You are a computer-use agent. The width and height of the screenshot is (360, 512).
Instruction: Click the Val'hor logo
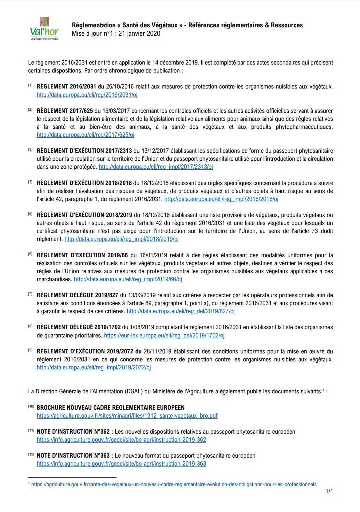pos(45,29)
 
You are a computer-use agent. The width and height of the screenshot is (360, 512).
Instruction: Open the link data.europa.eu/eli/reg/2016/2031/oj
pos(87,95)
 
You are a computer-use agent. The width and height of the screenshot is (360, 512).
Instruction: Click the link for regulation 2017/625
pos(85,135)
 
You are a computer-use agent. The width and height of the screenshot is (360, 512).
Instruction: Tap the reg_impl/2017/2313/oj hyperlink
pos(156,167)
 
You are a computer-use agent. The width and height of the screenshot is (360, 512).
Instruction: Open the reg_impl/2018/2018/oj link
pos(221,199)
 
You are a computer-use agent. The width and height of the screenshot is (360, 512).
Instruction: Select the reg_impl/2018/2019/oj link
pos(121,239)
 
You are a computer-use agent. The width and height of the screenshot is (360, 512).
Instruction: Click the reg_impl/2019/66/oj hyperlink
pos(128,279)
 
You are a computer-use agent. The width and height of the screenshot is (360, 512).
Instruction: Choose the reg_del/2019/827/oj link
pos(181,311)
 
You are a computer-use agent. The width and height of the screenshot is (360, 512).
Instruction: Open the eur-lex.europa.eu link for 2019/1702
pos(164,336)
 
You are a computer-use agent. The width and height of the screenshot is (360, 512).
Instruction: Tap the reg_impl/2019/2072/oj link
pos(94,368)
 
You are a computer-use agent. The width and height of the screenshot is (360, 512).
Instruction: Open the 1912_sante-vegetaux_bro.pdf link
pos(127,416)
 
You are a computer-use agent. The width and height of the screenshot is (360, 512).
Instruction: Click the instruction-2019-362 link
pos(121,440)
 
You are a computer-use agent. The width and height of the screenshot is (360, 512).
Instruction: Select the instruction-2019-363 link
pos(121,464)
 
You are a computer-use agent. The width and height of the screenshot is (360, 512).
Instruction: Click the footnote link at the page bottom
pos(174,485)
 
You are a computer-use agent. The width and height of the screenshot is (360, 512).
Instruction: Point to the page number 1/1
pos(329,491)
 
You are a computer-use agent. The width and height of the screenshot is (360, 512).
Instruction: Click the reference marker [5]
pos(30,214)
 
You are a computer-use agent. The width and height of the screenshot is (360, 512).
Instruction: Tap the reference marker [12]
pos(31,455)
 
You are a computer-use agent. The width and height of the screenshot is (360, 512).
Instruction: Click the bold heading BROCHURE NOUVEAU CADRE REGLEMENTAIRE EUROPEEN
pos(111,408)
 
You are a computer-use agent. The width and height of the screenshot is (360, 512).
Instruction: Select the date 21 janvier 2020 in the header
pos(139,33)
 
